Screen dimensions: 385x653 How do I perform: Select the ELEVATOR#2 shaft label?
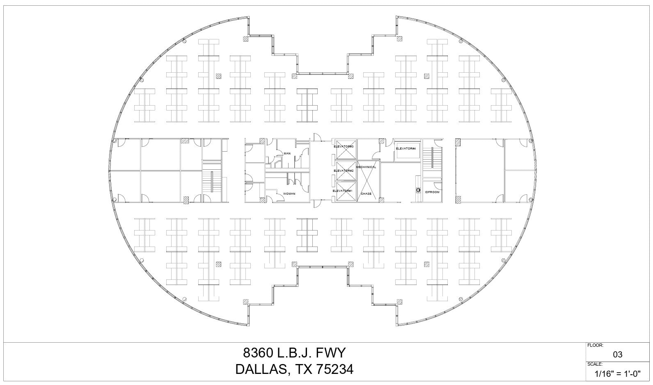point(344,171)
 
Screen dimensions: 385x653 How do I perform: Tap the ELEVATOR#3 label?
point(344,147)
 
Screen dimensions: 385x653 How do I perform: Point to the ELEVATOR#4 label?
point(406,148)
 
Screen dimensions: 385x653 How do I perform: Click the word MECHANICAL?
point(366,167)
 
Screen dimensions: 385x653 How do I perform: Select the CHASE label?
point(366,194)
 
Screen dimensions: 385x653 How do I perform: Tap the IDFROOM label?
point(432,192)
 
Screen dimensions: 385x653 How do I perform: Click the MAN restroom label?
point(287,154)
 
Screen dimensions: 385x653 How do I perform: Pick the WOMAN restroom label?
point(289,194)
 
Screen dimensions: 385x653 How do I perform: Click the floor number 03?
point(617,355)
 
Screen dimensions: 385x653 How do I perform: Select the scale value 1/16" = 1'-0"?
point(617,374)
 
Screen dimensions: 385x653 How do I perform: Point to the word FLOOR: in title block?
point(595,346)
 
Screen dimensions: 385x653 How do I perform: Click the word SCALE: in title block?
point(595,364)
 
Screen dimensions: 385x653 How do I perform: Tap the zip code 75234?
point(334,369)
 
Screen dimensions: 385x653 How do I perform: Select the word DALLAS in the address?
point(261,369)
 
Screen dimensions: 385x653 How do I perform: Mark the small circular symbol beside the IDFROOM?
point(418,190)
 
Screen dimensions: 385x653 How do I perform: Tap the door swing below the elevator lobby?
point(316,203)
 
